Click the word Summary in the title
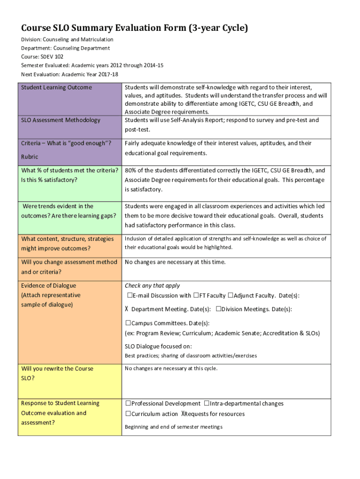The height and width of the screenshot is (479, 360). tap(92, 28)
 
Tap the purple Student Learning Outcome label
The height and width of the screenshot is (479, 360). tap(57, 87)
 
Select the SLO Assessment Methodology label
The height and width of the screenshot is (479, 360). tap(61, 120)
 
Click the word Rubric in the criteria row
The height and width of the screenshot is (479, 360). tap(29, 157)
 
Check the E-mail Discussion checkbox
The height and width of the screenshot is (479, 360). tap(130, 296)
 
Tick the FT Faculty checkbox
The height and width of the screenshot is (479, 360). tap(196, 296)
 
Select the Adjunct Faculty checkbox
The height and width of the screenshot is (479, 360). tap(230, 296)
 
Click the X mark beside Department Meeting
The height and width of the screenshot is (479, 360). tap(127, 309)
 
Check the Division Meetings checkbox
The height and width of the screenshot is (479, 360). tap(218, 309)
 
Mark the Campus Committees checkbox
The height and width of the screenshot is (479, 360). tap(128, 323)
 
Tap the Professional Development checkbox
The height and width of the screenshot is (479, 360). tap(128, 404)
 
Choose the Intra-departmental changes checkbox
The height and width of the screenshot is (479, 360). tap(206, 404)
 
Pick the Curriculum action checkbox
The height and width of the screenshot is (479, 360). tap(128, 414)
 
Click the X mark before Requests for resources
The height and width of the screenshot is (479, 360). tap(183, 414)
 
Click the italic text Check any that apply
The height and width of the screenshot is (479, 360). tap(152, 286)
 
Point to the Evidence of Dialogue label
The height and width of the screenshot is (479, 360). tap(49, 286)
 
